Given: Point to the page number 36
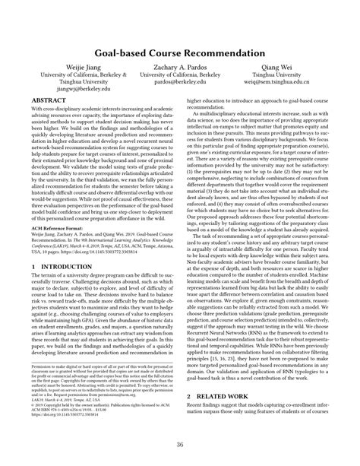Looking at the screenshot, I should coord(180,445).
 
